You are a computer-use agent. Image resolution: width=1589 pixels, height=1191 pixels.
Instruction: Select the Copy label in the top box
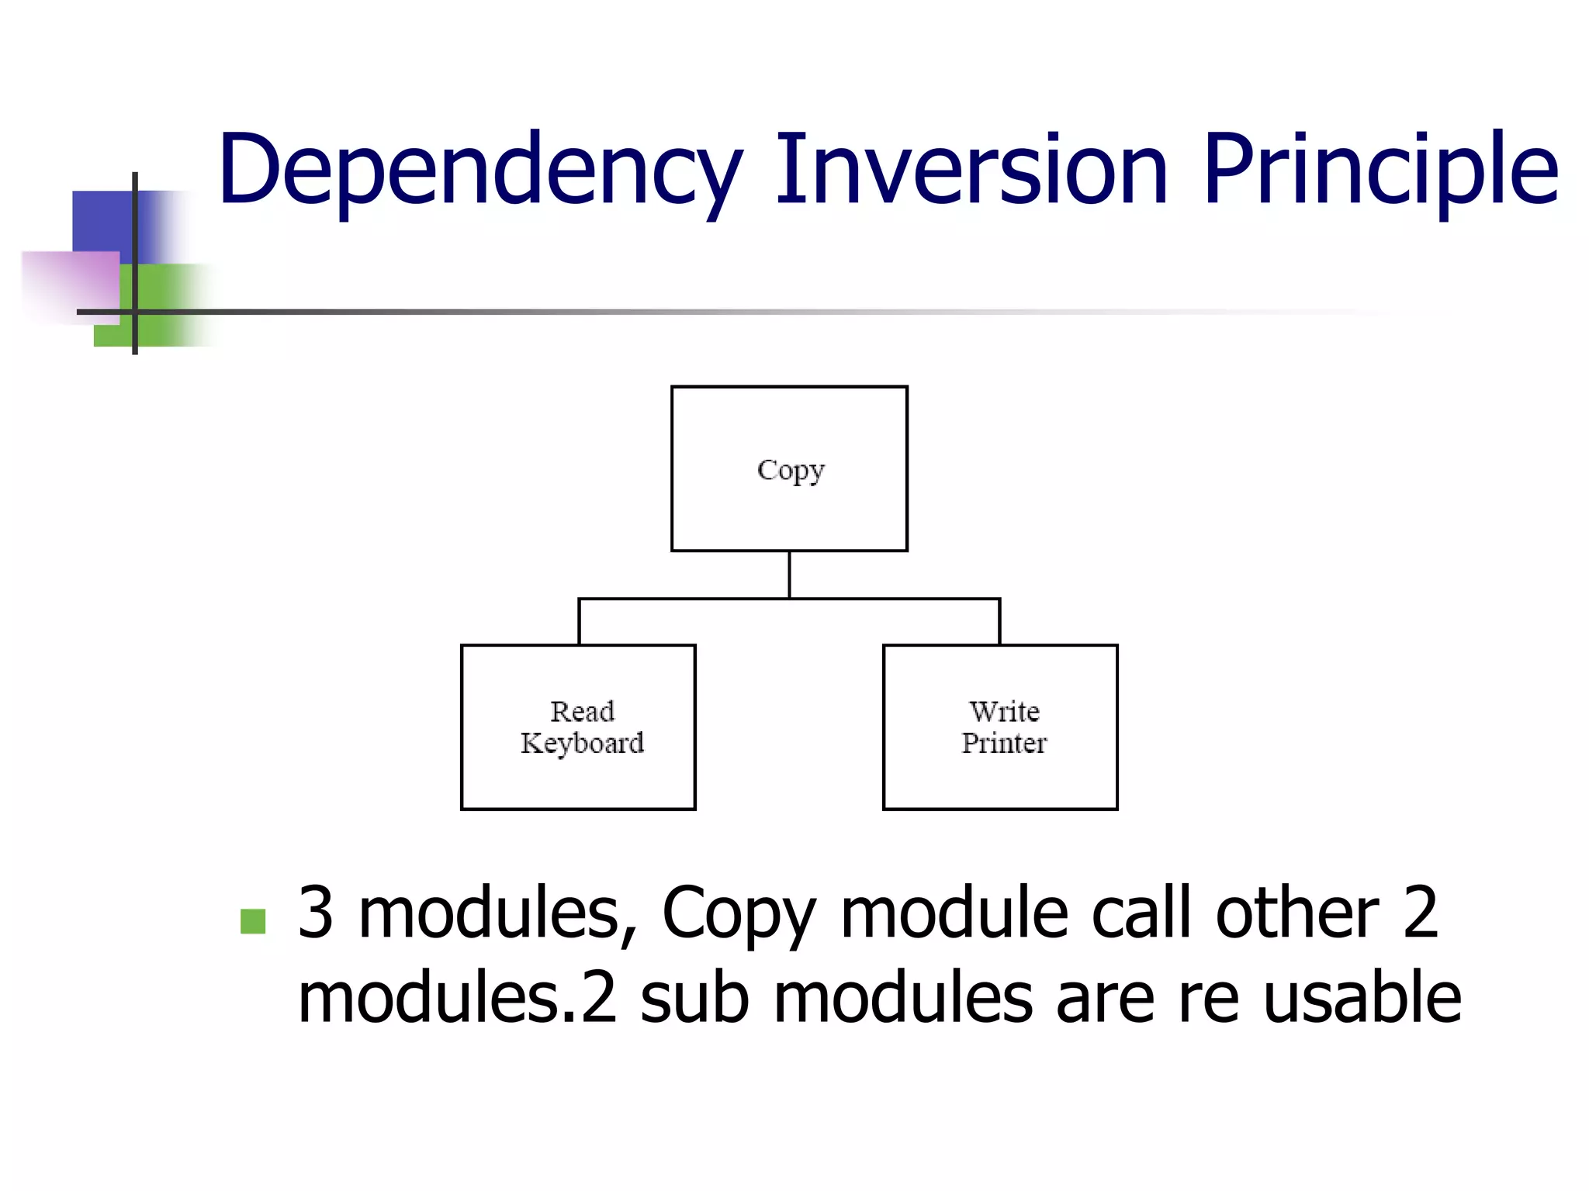(790, 471)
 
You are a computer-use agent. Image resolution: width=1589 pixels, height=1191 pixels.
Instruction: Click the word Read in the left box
(582, 711)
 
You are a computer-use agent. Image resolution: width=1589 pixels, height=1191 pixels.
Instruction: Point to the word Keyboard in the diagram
(582, 744)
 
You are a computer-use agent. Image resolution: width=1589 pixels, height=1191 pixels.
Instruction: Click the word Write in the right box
(1004, 711)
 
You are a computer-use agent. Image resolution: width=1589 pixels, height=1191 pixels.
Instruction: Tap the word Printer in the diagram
(1004, 744)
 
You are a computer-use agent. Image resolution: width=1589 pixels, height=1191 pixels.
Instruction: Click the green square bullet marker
(253, 921)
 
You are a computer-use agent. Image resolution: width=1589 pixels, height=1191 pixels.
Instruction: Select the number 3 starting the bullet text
(316, 913)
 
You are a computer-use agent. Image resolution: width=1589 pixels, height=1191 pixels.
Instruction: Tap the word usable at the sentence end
(1362, 998)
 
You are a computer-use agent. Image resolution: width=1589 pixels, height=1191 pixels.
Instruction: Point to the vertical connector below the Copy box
(789, 575)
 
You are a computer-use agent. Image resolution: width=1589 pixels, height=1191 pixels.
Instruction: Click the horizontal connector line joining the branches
(892, 599)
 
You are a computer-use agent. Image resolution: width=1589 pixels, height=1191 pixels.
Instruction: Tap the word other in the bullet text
(1296, 913)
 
